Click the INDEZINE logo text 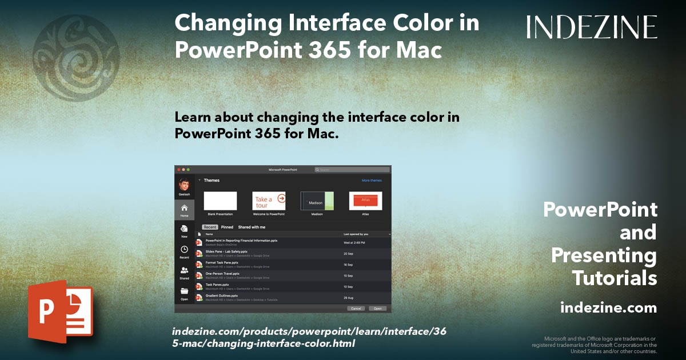[592, 27]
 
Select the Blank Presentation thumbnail [220, 201]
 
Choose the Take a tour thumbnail [269, 201]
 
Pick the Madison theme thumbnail [317, 201]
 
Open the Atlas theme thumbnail [365, 201]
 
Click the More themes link [372, 181]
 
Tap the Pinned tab [227, 227]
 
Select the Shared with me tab [252, 227]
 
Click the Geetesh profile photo [184, 185]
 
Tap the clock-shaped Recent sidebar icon [184, 249]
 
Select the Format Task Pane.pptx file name [222, 262]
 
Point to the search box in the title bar [352, 170]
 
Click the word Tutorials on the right [615, 278]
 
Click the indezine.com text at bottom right [608, 308]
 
